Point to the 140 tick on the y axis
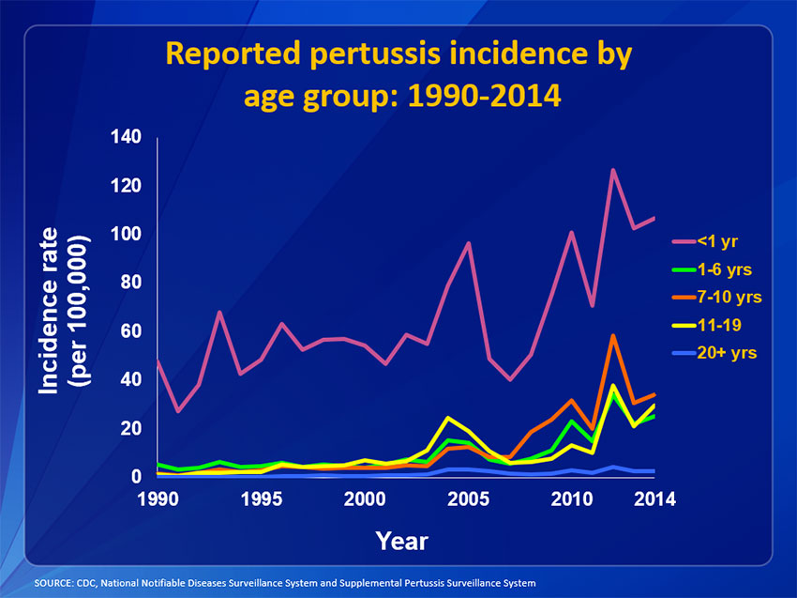point(126,137)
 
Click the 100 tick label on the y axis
point(126,234)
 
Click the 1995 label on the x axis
point(258,498)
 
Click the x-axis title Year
point(401,541)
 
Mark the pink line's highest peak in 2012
point(612,170)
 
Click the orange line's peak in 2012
point(612,335)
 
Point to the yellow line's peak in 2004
point(448,418)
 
